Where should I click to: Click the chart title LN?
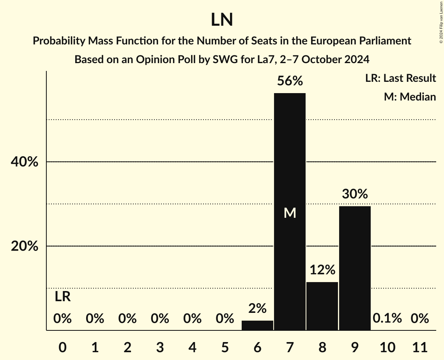(222, 20)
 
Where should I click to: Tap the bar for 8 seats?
(322, 306)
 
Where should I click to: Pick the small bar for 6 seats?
(257, 325)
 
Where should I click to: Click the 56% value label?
(290, 81)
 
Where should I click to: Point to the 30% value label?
(355, 194)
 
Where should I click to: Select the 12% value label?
(322, 270)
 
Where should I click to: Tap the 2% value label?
(257, 309)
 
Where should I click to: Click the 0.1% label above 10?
(387, 318)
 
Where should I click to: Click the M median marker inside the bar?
(290, 213)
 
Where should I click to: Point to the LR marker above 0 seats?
(62, 297)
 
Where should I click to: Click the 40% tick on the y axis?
(24, 162)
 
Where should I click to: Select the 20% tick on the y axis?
(24, 247)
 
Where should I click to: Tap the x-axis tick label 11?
(419, 347)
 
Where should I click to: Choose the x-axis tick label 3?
(160, 347)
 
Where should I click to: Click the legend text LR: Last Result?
(400, 78)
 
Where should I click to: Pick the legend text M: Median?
(410, 97)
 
